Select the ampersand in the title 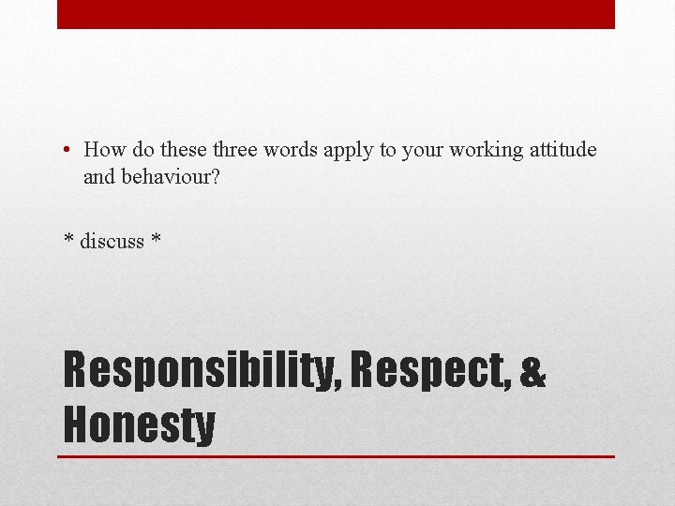[x=532, y=371]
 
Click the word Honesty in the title [x=139, y=424]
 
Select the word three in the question [x=238, y=150]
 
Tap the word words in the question [x=293, y=150]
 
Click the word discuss [x=112, y=241]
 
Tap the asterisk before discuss [x=68, y=239]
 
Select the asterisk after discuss [x=156, y=239]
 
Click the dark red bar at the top [x=336, y=14]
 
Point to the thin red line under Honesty [x=336, y=456]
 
